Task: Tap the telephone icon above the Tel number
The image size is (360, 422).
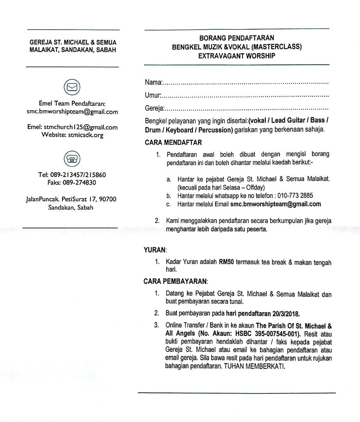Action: pyautogui.click(x=72, y=159)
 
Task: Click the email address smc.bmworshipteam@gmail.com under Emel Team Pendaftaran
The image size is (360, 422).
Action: pyautogui.click(x=72, y=112)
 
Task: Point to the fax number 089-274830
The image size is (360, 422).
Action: pyautogui.click(x=80, y=182)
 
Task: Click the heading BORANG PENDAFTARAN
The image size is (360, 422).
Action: pyautogui.click(x=237, y=38)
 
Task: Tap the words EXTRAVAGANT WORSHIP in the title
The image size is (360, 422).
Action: pyautogui.click(x=237, y=56)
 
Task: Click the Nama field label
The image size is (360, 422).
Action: pyautogui.click(x=153, y=82)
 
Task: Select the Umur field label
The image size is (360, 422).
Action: pyautogui.click(x=153, y=95)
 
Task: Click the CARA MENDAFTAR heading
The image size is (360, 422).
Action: pyautogui.click(x=173, y=143)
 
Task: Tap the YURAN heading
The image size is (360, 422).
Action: pyautogui.click(x=155, y=249)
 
